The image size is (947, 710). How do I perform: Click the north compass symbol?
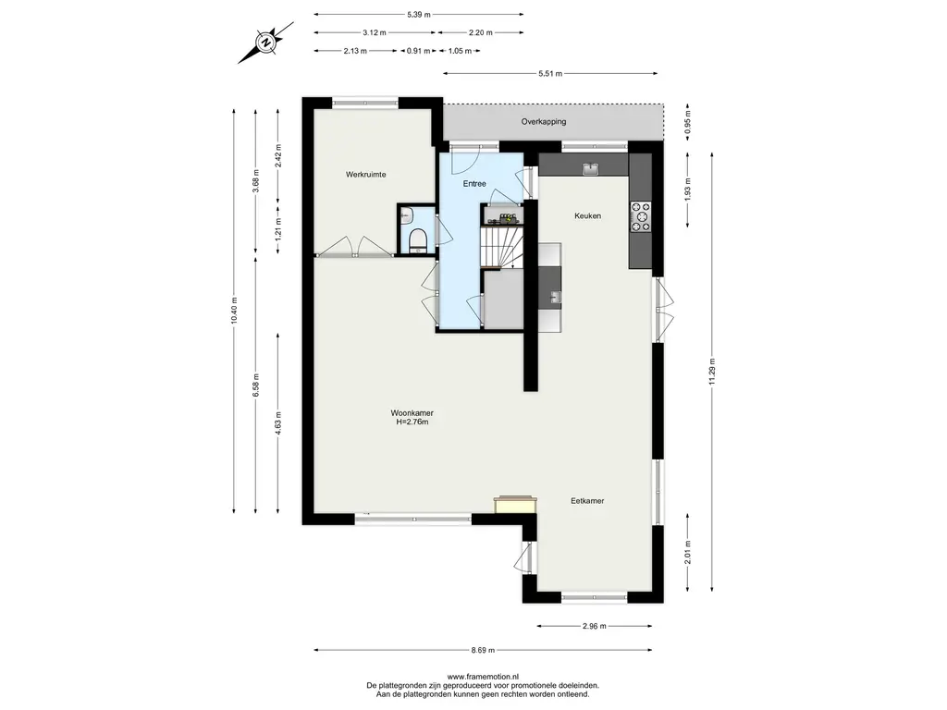click(265, 43)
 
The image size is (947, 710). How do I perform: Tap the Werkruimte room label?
click(366, 175)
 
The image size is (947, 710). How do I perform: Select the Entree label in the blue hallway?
click(474, 184)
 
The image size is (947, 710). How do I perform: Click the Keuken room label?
click(587, 215)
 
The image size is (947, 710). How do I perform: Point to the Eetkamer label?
click(587, 500)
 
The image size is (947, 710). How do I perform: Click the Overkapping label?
click(544, 121)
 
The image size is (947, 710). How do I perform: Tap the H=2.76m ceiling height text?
click(412, 422)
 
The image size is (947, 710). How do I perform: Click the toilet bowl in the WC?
click(417, 240)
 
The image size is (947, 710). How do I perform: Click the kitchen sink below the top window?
click(590, 169)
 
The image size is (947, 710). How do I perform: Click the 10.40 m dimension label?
click(234, 311)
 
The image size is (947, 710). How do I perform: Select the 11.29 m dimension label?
click(712, 372)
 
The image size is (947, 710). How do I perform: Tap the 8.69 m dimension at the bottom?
click(483, 650)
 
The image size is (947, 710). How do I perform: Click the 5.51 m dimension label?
click(550, 74)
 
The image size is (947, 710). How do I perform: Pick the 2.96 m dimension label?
click(595, 626)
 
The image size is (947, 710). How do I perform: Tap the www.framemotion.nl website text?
click(483, 677)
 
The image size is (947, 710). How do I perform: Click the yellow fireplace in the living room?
click(515, 505)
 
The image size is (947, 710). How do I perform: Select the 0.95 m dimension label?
click(688, 123)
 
